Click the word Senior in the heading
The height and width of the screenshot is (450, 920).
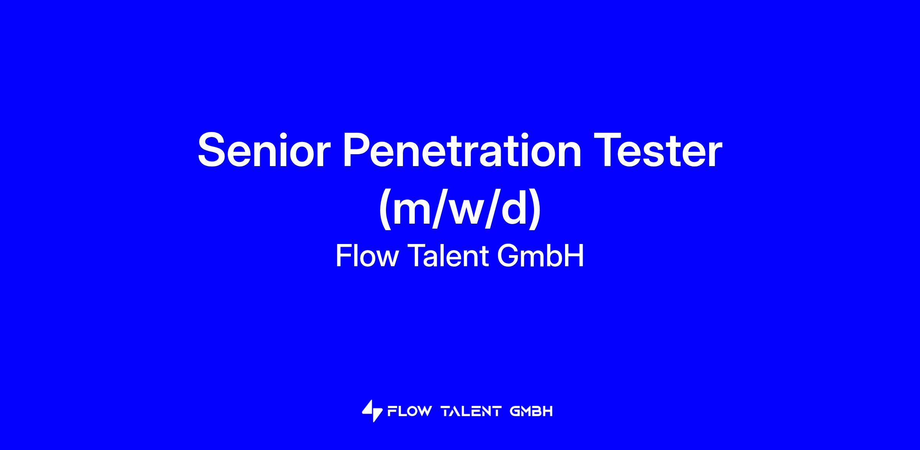tap(264, 150)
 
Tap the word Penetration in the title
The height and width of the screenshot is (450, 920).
tap(462, 150)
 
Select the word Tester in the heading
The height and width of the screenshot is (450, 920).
tap(658, 150)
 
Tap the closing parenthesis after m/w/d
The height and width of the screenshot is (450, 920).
tap(535, 209)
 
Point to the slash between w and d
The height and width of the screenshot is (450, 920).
tap(493, 209)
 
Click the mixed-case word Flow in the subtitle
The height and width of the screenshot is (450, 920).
tap(367, 256)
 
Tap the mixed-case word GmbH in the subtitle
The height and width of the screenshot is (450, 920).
tap(540, 256)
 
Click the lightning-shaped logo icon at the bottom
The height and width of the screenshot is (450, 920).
tap(372, 411)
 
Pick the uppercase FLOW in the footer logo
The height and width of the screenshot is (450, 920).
tap(409, 412)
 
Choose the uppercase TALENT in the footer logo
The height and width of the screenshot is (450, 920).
tap(471, 412)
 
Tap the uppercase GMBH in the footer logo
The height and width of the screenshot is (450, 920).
tap(531, 412)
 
